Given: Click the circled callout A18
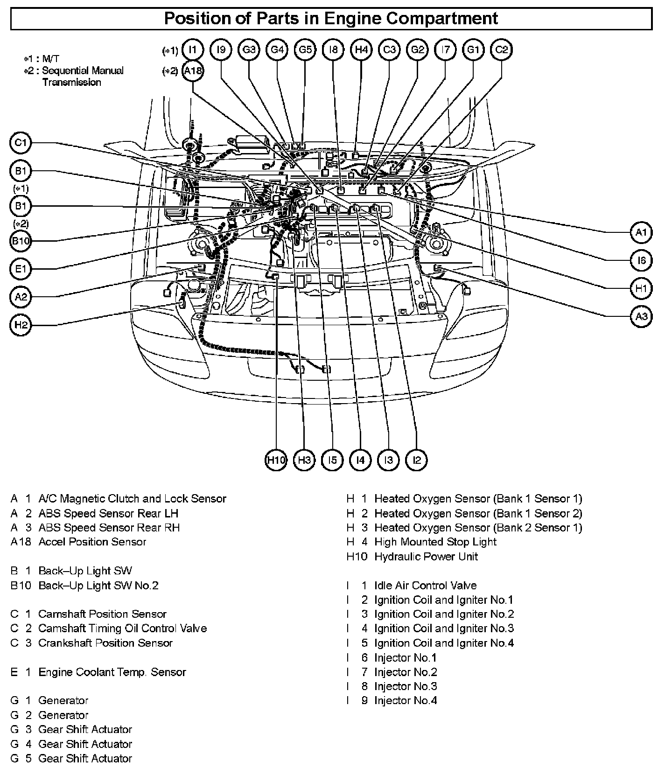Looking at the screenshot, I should pyautogui.click(x=193, y=71).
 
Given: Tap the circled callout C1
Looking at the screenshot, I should pyautogui.click(x=20, y=143).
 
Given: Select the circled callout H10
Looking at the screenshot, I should pyautogui.click(x=276, y=460).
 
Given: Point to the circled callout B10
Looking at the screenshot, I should pyautogui.click(x=20, y=241).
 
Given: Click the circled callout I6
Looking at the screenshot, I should pyautogui.click(x=642, y=260).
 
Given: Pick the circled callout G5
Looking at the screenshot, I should pyautogui.click(x=305, y=49).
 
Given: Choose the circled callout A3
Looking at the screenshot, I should pyautogui.click(x=642, y=317).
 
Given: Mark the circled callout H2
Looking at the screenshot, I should pyautogui.click(x=20, y=325).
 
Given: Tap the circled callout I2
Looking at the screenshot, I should pyautogui.click(x=417, y=460).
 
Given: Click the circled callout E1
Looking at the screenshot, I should pyautogui.click(x=20, y=269).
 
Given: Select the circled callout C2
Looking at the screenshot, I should pyautogui.click(x=501, y=49).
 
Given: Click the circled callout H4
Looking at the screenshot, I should pyautogui.click(x=361, y=49).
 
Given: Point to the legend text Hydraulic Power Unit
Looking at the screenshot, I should pyautogui.click(x=426, y=556).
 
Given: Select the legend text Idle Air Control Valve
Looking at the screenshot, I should pyautogui.click(x=425, y=586).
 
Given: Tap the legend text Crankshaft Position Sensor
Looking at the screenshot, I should pyautogui.click(x=105, y=643).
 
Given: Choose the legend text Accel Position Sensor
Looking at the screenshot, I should pyautogui.click(x=92, y=542).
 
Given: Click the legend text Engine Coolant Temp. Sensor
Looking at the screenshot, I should pyautogui.click(x=112, y=672).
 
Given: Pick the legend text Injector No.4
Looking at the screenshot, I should pyautogui.click(x=406, y=700).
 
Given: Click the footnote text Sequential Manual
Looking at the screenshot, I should pyautogui.click(x=83, y=70).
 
